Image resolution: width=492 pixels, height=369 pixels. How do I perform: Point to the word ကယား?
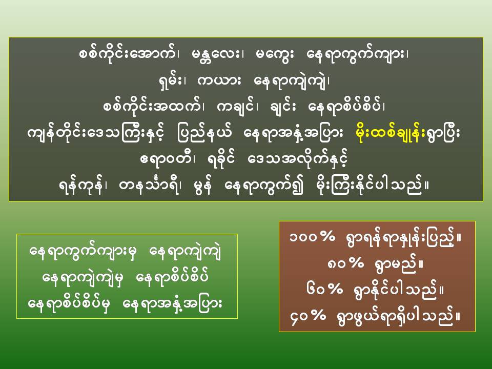[x=219, y=81]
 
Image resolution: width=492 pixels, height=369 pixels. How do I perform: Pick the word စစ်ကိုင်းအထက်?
[x=152, y=107]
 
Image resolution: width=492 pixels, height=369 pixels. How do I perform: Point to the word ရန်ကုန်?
[x=80, y=186]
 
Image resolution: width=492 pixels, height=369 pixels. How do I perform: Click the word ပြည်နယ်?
[x=204, y=134]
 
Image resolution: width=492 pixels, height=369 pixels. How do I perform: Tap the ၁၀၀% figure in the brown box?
[x=312, y=237]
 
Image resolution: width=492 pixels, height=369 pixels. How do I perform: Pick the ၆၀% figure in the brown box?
[x=325, y=289]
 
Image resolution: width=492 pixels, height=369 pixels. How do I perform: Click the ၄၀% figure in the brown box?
[x=308, y=316]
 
